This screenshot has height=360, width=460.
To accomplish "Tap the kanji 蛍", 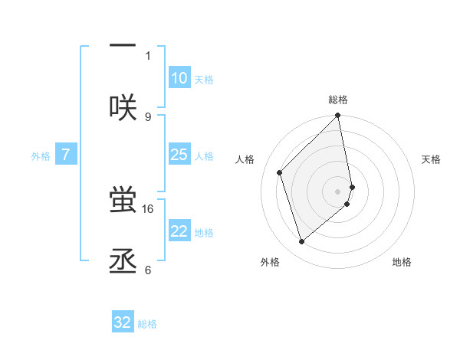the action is [123, 200].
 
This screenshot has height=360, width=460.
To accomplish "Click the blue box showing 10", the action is [179, 78].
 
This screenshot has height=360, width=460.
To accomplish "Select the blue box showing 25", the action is [179, 155].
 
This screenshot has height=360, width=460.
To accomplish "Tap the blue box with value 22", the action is [179, 231].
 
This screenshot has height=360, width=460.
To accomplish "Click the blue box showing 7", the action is [66, 155].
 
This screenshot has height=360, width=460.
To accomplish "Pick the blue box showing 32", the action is [123, 322].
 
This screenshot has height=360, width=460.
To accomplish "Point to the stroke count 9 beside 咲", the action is [148, 116].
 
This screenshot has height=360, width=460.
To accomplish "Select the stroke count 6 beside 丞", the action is [148, 270].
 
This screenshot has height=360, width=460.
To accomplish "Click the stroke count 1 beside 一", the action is [148, 55].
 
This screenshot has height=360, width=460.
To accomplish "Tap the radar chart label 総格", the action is [338, 100].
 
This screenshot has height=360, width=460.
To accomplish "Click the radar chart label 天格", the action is [431, 159].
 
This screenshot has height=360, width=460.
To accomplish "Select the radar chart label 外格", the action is [270, 262].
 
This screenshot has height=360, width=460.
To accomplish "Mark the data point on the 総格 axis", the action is [338, 116].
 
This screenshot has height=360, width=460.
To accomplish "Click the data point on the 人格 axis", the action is [280, 172].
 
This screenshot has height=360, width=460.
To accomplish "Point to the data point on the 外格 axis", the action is [302, 242].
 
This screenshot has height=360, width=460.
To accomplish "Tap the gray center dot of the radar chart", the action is [338, 191].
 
